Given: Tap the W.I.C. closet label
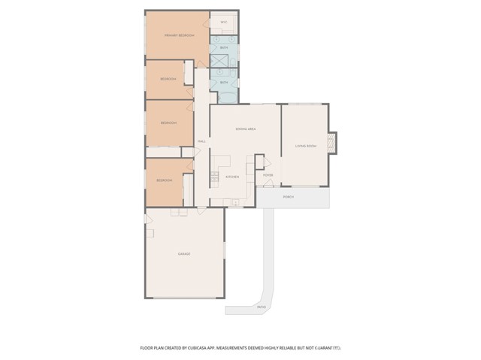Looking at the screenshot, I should pos(223,23).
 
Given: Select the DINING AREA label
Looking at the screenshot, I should pos(245,129).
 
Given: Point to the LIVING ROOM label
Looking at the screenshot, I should pos(305,146).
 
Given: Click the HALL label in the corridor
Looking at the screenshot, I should pos(201,141).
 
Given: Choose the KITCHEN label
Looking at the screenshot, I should pos(232,177).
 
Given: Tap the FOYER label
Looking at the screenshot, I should pos(268,176).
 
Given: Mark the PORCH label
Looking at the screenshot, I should pos(288,197).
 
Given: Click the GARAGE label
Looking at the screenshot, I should pos(184,254).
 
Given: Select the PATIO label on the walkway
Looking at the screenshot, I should pos(261,307).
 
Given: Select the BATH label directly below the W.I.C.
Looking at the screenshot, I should pos(223,47).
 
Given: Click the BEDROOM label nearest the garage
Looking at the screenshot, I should pos(165,181).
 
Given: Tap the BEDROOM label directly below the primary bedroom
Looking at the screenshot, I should pos(168,79).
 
